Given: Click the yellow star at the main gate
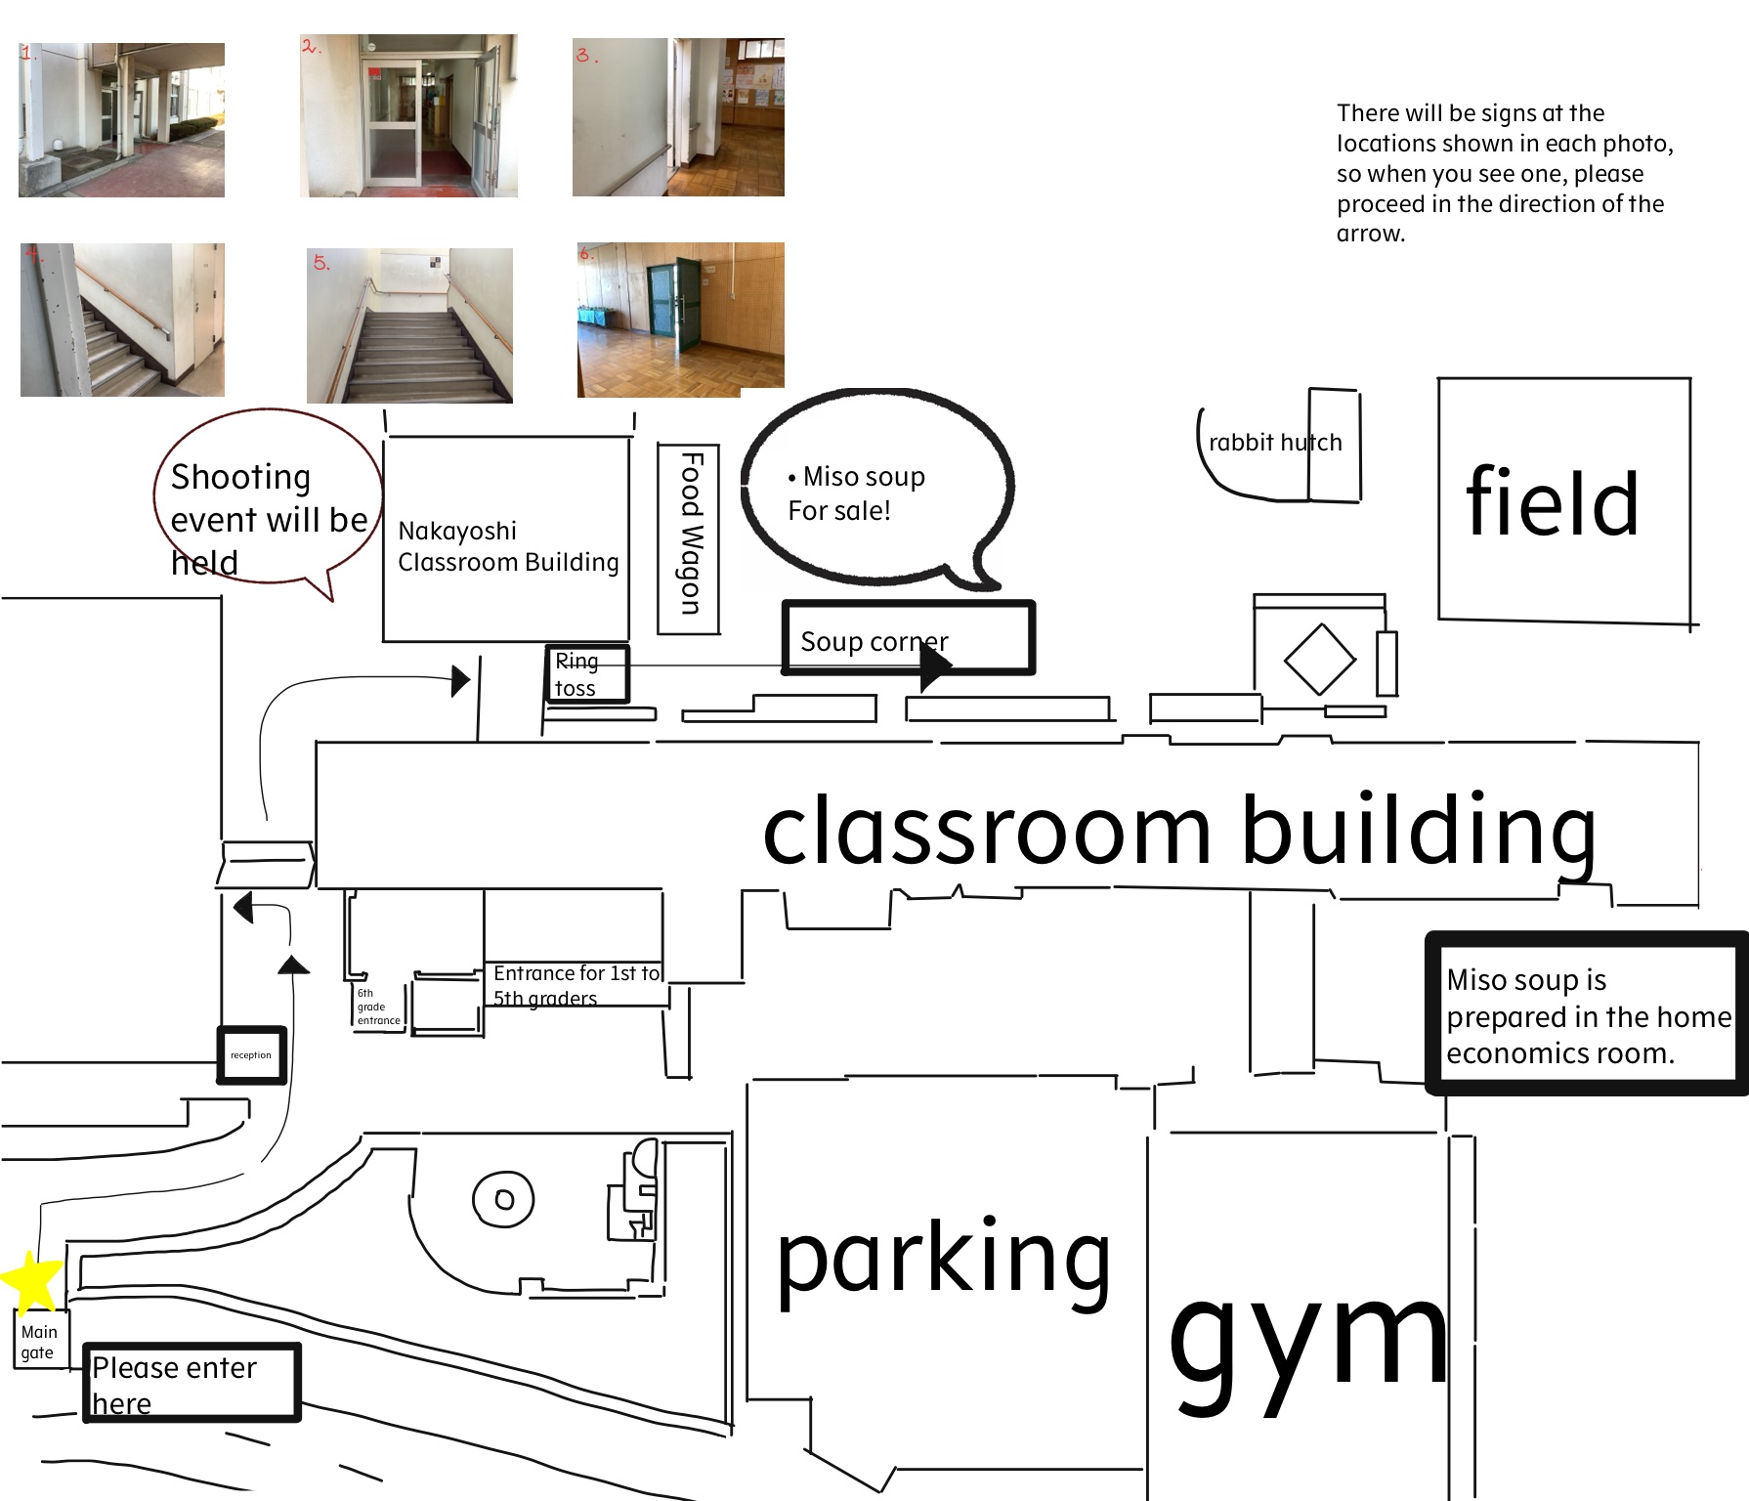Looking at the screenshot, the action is click(x=31, y=1281).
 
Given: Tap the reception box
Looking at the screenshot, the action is click(x=251, y=1054).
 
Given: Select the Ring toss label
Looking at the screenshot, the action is click(x=576, y=674).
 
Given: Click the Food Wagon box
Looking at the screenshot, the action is click(x=689, y=538).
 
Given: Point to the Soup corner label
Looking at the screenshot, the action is click(x=874, y=641).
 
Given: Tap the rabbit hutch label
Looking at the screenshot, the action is click(x=1275, y=443).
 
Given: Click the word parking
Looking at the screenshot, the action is click(x=944, y=1262).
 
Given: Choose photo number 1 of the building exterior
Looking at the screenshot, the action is click(x=121, y=119).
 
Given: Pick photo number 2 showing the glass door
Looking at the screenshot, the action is click(x=408, y=115).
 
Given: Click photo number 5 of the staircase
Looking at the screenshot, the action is click(x=409, y=325).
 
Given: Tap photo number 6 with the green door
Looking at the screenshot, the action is click(x=681, y=320).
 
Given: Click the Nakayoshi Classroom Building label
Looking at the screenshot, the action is click(x=508, y=546).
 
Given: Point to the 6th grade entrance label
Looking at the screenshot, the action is click(x=378, y=1007).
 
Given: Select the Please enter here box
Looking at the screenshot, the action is click(x=192, y=1382).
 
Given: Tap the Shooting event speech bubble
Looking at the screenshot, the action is click(x=268, y=503).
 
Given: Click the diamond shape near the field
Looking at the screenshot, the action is click(x=1320, y=659).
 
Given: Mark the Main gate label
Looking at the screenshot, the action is click(x=39, y=1342).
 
